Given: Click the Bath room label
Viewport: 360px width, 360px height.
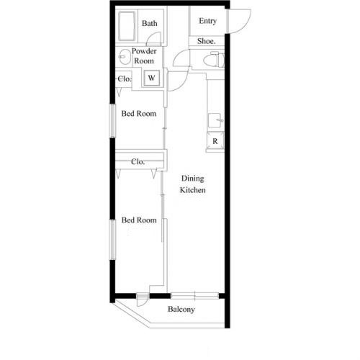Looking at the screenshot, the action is pos(150,23).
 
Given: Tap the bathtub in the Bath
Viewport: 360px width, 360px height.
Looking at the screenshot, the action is pos(127,26).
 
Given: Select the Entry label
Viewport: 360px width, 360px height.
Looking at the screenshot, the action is pos(207,21).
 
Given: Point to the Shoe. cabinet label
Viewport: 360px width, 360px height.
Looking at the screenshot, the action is pos(207,41).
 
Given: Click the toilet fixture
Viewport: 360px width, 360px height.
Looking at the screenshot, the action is pos(214,59).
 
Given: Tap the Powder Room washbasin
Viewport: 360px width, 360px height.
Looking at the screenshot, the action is pos(124,57).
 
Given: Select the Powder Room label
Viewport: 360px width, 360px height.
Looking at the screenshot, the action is pos(144,56).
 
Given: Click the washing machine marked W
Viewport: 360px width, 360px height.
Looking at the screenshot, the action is pos(151,78).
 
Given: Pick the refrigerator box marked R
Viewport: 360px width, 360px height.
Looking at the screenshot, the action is pos(215,141).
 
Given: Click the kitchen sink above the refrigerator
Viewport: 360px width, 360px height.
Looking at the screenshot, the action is pos(216,120).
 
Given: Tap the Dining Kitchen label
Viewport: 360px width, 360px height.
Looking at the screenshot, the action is pos(193,184).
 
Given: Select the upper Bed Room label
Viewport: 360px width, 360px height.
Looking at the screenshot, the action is pos(139,114).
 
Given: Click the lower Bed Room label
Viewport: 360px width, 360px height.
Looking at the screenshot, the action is pos(139,220).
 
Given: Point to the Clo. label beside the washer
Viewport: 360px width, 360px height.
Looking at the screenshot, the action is pos(125,78).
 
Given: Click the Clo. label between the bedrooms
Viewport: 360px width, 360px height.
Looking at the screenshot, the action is pos(138,162).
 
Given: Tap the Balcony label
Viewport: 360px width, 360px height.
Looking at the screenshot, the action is pos(181,309).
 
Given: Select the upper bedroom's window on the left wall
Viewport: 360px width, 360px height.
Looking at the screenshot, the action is pos(112,121).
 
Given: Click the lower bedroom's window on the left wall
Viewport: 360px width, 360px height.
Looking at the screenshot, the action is pos(112,240).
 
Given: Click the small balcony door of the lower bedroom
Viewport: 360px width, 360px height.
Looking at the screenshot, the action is pos(143,300).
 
